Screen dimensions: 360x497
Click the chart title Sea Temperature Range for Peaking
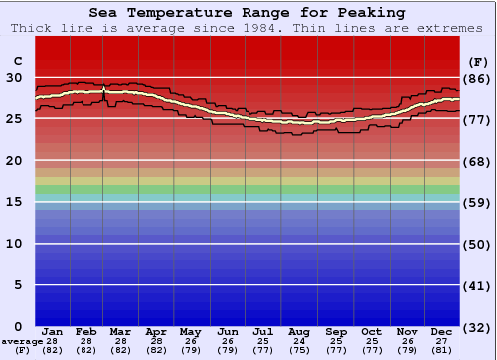[x=247, y=13]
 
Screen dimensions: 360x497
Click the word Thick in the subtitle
[x=34, y=28]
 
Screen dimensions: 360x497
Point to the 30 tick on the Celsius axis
[x=14, y=77]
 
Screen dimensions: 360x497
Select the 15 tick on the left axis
[x=14, y=202]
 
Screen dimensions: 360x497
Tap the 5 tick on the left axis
[x=17, y=285]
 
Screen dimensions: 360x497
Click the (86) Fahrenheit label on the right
[x=477, y=78]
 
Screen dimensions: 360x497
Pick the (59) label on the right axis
[x=477, y=203]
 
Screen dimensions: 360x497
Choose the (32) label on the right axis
[x=477, y=327]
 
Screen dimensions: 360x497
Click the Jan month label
[x=53, y=331]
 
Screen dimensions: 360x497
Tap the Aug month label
[x=298, y=331]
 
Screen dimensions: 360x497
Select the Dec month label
[x=442, y=331]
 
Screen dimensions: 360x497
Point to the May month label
[x=189, y=331]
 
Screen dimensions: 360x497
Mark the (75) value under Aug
[x=298, y=350]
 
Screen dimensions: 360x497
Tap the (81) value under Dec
[x=442, y=350]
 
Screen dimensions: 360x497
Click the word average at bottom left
[x=21, y=341]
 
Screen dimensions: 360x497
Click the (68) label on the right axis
[x=477, y=161]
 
